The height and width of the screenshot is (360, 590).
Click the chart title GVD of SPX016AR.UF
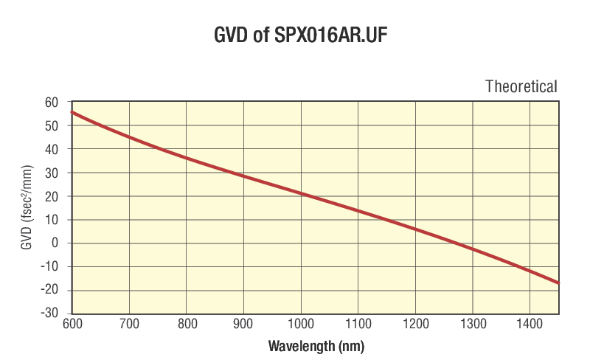[295, 35]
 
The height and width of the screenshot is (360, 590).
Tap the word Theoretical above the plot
[521, 86]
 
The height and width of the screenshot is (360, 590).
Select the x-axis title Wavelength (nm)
[316, 345]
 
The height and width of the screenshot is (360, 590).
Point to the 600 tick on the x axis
[72, 325]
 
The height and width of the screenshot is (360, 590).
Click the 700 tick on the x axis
[129, 325]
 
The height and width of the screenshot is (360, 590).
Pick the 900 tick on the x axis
[243, 325]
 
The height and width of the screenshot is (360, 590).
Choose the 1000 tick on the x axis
[300, 325]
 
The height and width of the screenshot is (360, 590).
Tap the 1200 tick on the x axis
[415, 325]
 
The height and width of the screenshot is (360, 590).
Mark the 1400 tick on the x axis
[530, 325]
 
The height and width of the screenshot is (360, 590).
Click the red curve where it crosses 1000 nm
[301, 194]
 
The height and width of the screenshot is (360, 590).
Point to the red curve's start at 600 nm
[72, 112]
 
